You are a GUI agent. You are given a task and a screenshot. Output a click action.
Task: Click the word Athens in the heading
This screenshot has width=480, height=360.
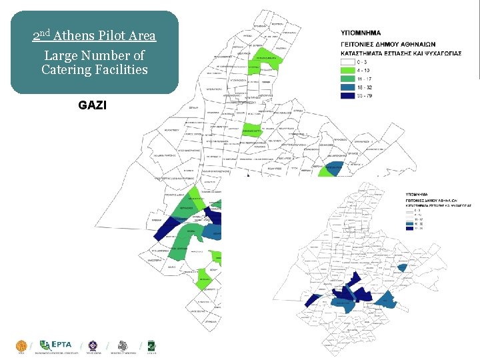pos(74,35)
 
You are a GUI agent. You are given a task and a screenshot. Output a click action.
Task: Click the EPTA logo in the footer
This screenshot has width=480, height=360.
pos(56,345)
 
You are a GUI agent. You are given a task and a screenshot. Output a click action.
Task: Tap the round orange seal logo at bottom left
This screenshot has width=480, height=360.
pos(21,345)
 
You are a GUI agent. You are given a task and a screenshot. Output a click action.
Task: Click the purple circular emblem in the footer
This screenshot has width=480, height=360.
pos(92,345)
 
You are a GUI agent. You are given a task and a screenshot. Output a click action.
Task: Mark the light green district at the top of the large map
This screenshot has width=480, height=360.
pos(263,59)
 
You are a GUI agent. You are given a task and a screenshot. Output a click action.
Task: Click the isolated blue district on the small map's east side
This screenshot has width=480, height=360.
pos(402,267)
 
